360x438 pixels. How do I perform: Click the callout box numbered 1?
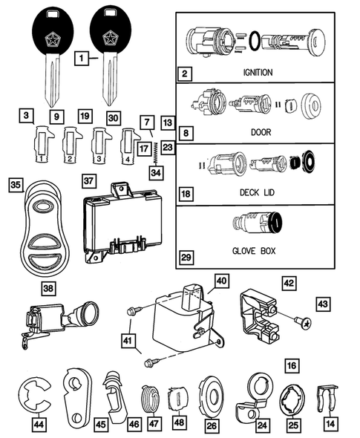(85, 56)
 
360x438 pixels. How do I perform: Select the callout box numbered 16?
(292, 366)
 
